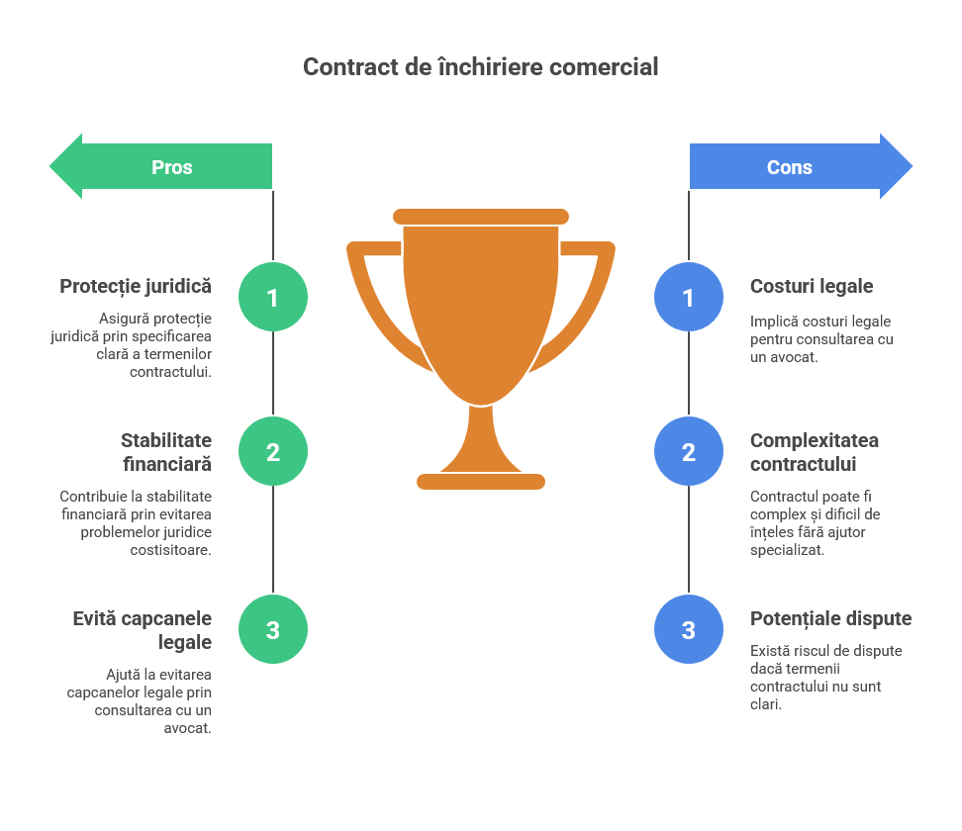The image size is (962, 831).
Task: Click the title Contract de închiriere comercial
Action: [x=480, y=67]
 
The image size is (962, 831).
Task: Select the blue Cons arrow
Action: [x=799, y=166]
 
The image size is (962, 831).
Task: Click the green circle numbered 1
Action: [x=273, y=297]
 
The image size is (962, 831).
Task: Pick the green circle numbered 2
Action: [x=273, y=452]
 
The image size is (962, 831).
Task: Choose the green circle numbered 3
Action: [x=273, y=630]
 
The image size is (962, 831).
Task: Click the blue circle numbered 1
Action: [x=689, y=297]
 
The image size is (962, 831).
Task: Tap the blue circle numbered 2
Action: [x=689, y=452]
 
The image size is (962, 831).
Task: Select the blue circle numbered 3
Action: [x=689, y=630]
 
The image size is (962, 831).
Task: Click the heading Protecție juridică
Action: [x=136, y=286]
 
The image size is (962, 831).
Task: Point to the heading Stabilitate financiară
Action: [x=166, y=452]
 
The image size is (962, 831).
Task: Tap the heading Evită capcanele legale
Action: [x=143, y=630]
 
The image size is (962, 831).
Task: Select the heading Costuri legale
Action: [x=812, y=286]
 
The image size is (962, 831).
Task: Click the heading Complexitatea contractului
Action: [x=815, y=452]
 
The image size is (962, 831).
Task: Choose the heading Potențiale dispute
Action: [x=830, y=619]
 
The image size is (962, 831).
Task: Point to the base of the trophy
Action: [x=481, y=482]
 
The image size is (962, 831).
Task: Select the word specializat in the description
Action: [x=787, y=550]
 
